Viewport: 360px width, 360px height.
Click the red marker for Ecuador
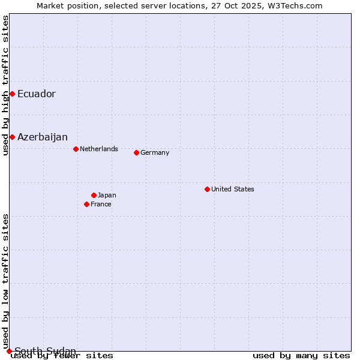point(12,94)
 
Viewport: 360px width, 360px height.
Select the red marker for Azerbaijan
point(12,137)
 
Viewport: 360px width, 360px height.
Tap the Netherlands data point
point(76,149)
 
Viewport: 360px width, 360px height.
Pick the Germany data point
point(136,152)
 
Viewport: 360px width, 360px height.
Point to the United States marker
point(207,189)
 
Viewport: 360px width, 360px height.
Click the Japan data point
point(94,195)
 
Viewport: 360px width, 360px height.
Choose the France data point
point(86,204)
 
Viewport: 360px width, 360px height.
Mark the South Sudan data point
point(9,351)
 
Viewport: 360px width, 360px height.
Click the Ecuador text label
point(37,94)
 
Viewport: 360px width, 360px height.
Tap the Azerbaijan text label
point(43,137)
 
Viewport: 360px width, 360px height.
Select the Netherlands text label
point(99,149)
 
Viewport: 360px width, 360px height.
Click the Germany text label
point(155,152)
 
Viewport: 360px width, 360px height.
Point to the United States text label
point(233,189)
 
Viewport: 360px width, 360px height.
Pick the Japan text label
point(107,195)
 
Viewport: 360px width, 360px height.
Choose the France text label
point(101,204)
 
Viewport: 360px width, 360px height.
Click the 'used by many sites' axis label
point(301,356)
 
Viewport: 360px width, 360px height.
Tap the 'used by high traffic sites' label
point(5,86)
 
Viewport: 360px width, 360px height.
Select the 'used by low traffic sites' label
point(5,281)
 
